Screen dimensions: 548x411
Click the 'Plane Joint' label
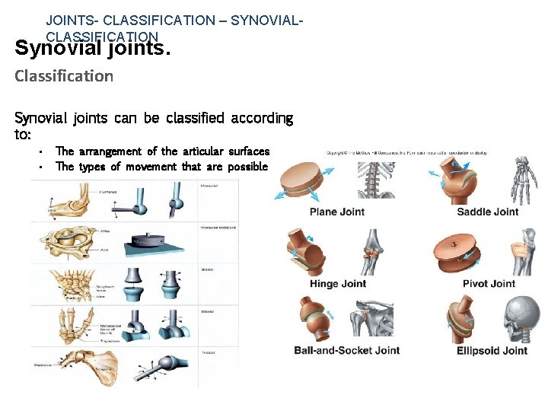tap(337, 212)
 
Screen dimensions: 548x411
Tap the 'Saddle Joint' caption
tap(487, 212)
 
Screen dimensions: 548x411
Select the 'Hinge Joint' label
tap(338, 284)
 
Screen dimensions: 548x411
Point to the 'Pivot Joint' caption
tap(489, 284)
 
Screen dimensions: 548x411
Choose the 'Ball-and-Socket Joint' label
tap(346, 351)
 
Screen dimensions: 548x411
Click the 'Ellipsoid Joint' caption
tap(492, 351)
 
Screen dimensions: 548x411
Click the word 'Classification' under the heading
tap(64, 76)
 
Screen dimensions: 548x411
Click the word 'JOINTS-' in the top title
tap(75, 21)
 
